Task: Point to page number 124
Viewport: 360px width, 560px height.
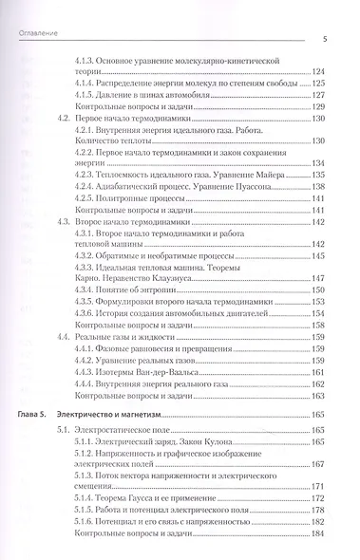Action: coord(318,72)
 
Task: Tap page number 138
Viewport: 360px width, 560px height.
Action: coord(318,187)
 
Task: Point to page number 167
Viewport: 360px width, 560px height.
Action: coord(318,439)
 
